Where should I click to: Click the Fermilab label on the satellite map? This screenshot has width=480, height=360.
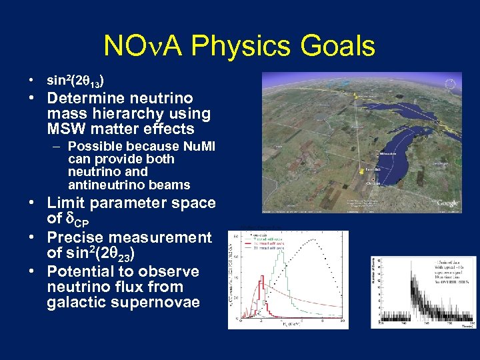(372, 170)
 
